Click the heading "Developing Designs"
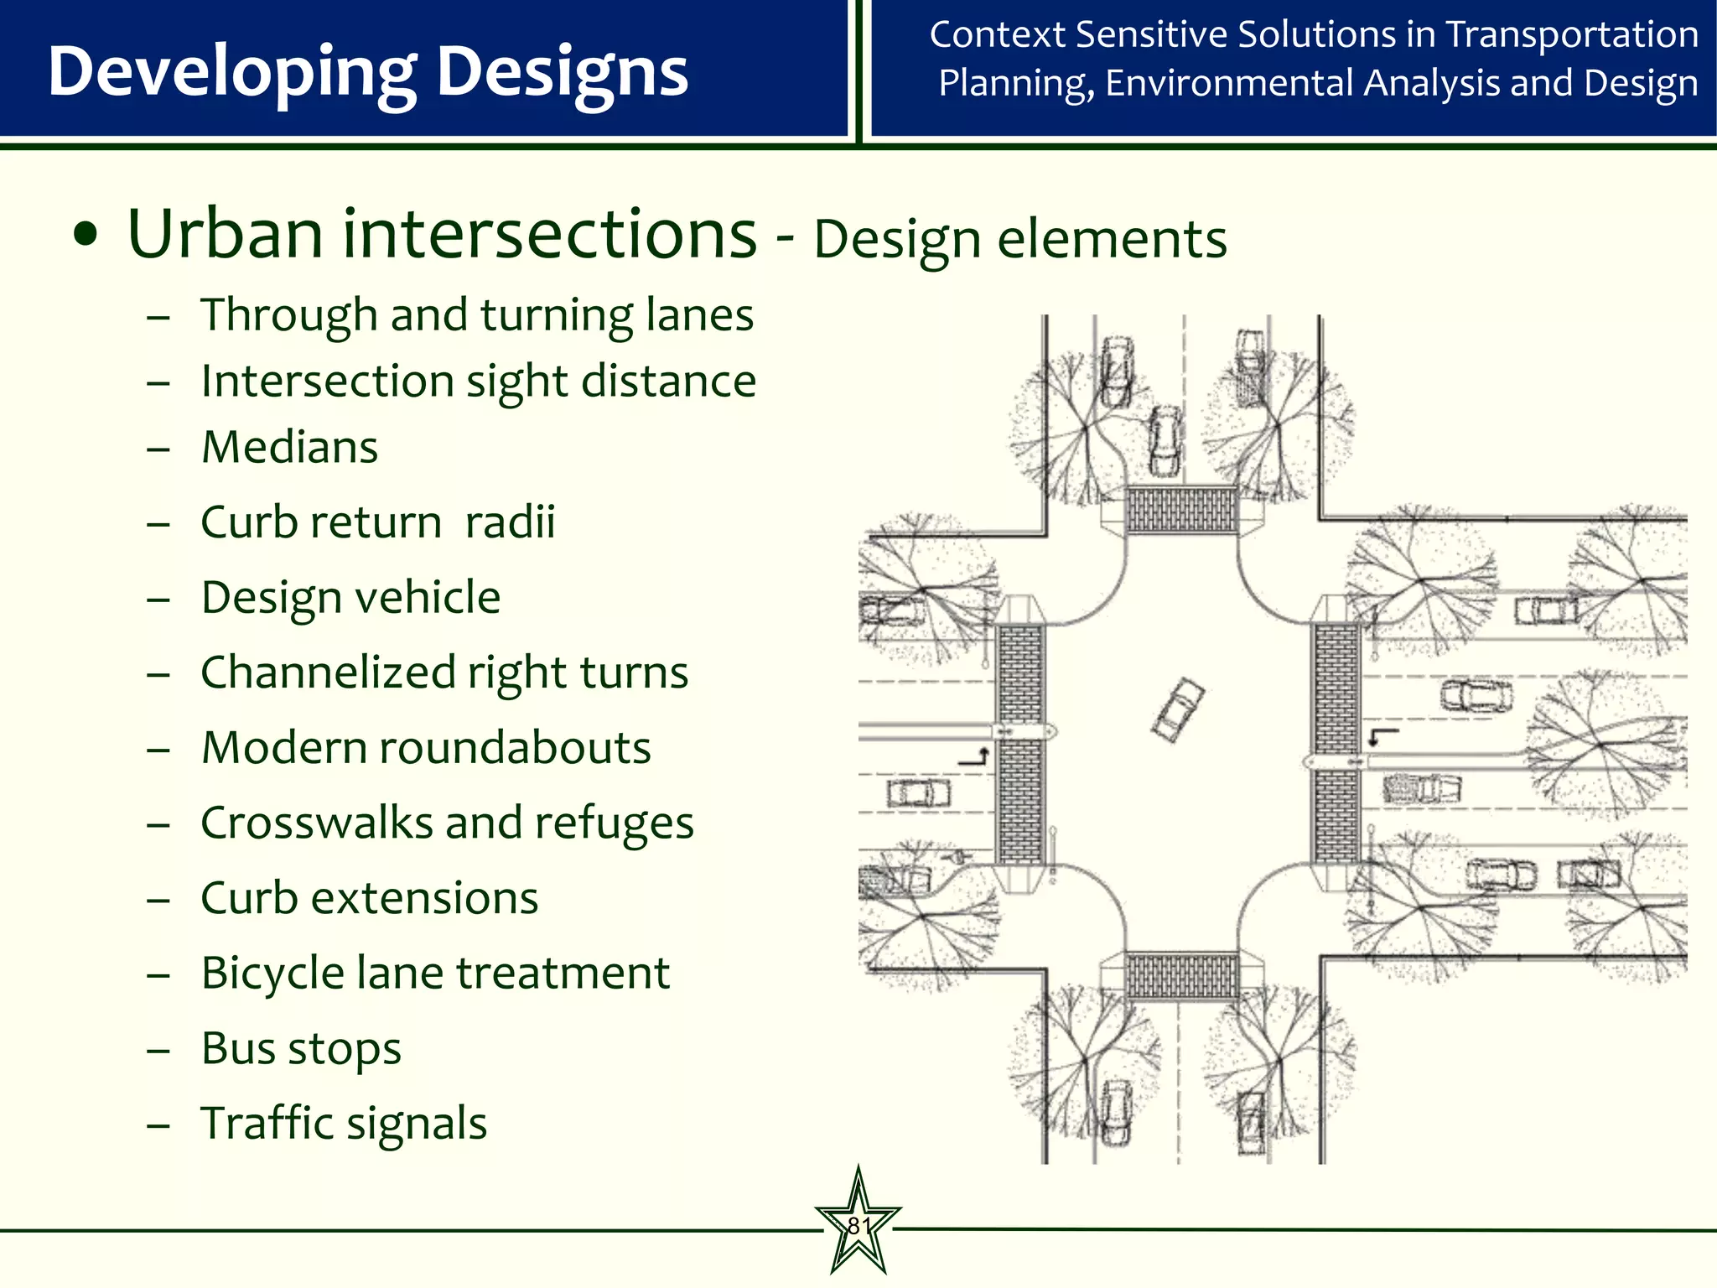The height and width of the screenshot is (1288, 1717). tap(368, 72)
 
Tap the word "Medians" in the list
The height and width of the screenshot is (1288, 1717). tap(289, 447)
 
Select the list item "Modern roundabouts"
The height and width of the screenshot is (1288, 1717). tap(426, 747)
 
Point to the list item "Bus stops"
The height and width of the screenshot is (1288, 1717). tap(301, 1048)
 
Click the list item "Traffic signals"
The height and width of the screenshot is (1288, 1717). tap(344, 1123)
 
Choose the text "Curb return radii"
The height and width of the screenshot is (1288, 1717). tap(378, 522)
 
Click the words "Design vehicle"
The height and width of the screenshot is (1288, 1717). tap(350, 597)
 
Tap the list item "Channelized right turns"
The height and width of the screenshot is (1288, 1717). tap(444, 673)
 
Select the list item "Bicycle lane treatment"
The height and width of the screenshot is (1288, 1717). tap(435, 973)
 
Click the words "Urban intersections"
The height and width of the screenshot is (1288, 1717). tap(442, 234)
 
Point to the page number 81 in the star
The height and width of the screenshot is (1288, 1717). tap(858, 1226)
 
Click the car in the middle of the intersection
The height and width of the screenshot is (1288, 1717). tap(1178, 709)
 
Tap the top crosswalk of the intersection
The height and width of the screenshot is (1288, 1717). tap(1181, 509)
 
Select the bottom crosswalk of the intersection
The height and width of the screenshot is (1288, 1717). tap(1181, 975)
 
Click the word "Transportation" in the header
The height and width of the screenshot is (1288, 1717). tap(1572, 35)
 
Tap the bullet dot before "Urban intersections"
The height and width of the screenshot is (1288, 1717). tap(86, 236)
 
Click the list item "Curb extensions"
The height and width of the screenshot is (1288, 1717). tap(369, 898)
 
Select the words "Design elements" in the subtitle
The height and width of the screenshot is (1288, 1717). tap(1019, 239)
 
